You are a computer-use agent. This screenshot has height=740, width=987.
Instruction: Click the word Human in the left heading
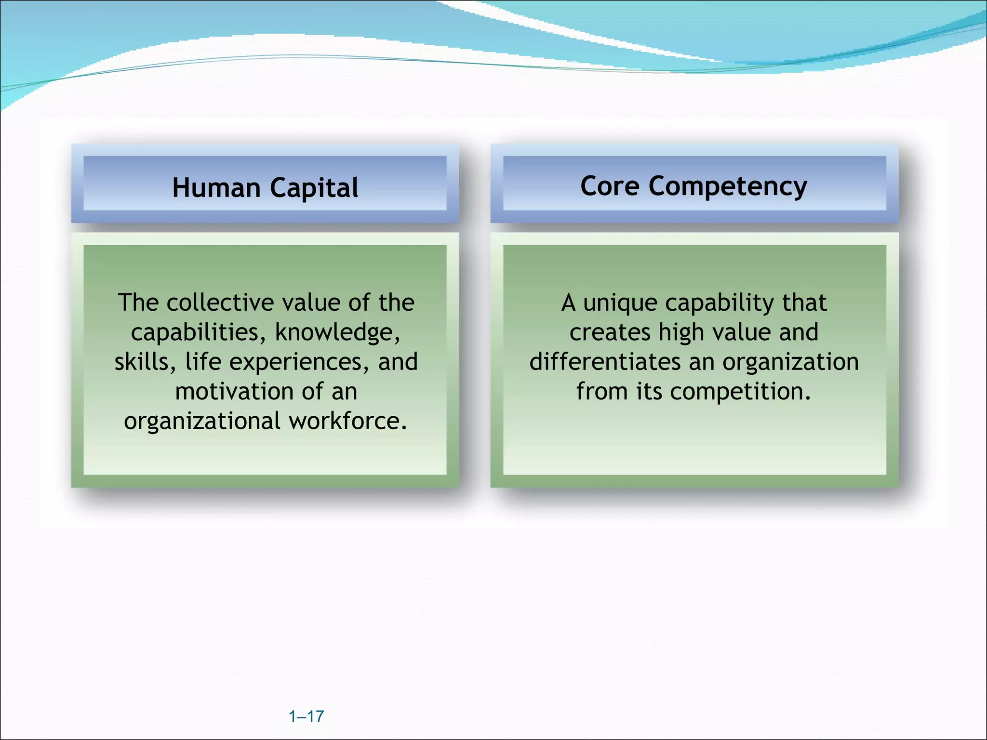216,187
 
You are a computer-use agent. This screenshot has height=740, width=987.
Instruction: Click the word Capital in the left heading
314,188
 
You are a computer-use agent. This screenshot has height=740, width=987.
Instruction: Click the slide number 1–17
306,716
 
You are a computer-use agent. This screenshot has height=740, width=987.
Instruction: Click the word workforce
347,421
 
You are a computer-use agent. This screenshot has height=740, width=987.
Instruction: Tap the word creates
610,332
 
